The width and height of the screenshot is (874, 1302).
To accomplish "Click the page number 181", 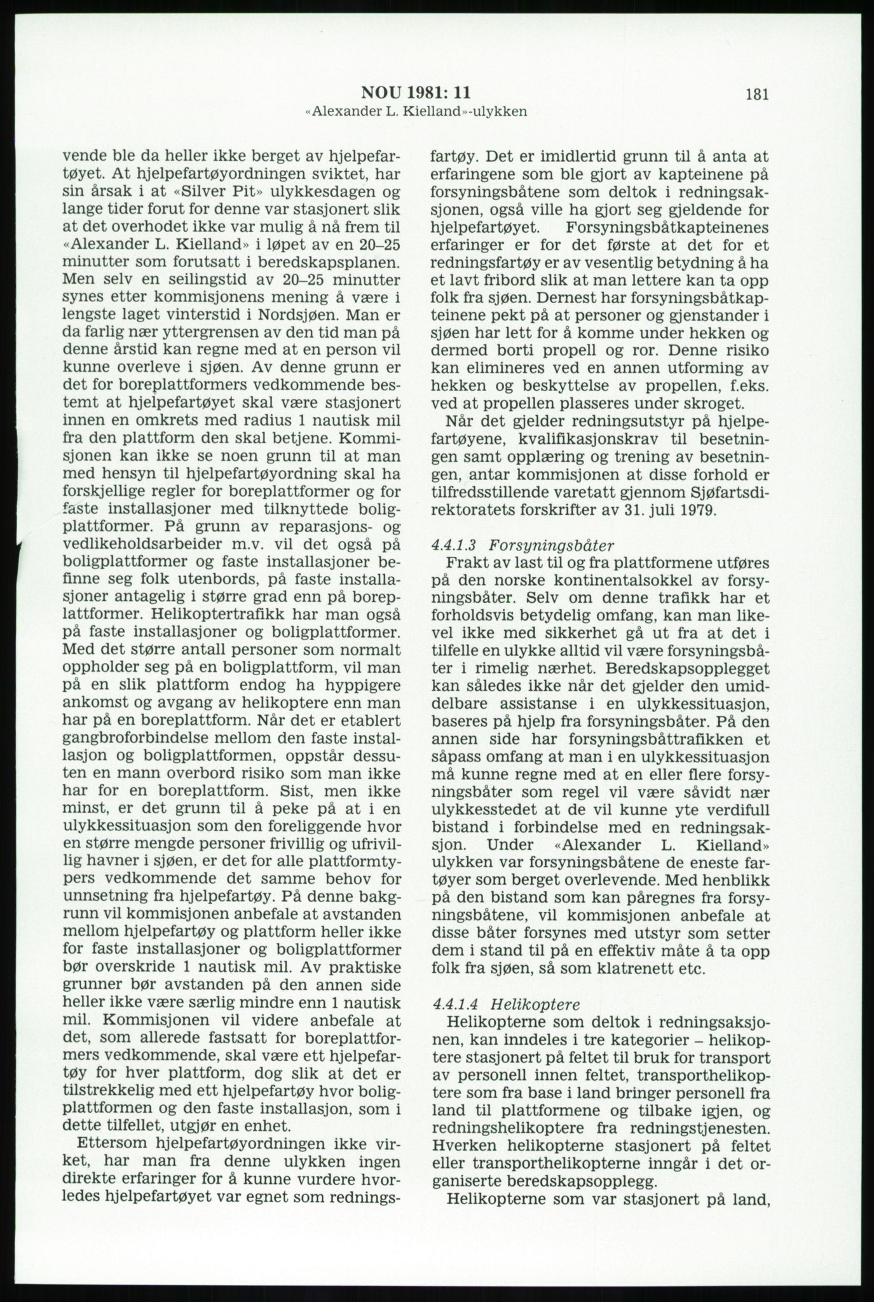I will (757, 95).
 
